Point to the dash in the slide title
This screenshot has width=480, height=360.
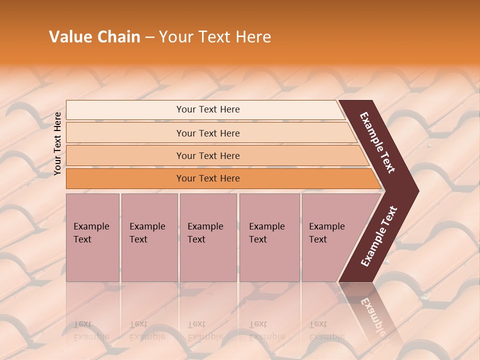(x=149, y=37)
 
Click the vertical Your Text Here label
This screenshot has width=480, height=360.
(x=58, y=143)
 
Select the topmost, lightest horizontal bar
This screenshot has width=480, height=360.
(x=207, y=109)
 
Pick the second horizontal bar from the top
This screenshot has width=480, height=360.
(x=207, y=133)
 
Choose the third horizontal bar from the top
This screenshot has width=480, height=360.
(x=207, y=155)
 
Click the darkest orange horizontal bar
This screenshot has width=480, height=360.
(x=207, y=178)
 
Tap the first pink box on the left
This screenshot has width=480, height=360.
(x=92, y=237)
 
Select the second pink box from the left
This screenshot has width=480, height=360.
(x=149, y=237)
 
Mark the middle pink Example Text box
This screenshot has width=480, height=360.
(x=208, y=237)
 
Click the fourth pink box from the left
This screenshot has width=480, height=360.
(x=269, y=237)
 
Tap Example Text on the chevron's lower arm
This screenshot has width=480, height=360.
(x=379, y=236)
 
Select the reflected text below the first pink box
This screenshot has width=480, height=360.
(x=91, y=330)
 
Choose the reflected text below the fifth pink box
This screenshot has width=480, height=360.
(x=326, y=330)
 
